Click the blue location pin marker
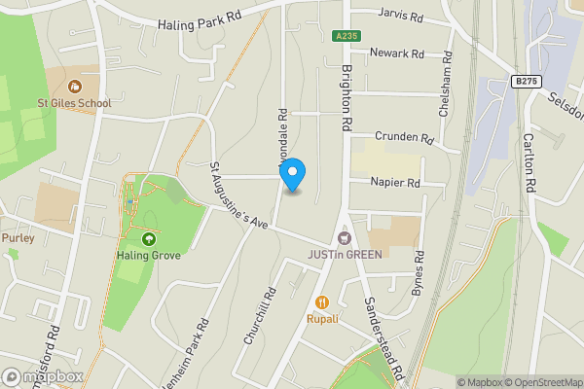point(293,174)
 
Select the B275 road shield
point(524,83)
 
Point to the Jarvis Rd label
point(400,18)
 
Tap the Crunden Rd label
point(403,137)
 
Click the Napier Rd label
point(394,182)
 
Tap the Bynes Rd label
point(420,273)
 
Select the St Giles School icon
point(76,86)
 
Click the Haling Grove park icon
point(149,239)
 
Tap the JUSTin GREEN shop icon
point(343,237)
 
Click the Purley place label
point(18,237)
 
